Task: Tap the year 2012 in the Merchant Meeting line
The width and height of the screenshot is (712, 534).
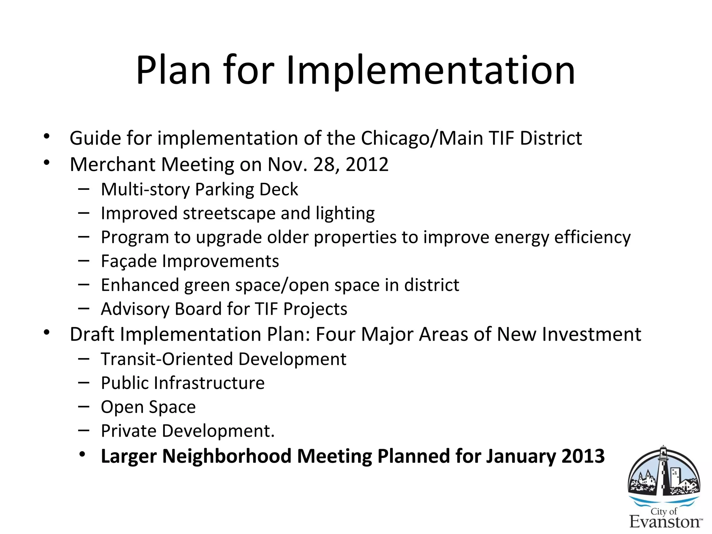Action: click(x=367, y=164)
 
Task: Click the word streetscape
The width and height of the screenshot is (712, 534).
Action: click(x=229, y=213)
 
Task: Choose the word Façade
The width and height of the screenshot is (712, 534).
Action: click(x=128, y=261)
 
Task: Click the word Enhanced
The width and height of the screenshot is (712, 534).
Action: click(x=140, y=285)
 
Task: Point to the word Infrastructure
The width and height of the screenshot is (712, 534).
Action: click(x=209, y=383)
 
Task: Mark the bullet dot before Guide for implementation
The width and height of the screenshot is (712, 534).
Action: click(x=47, y=136)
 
